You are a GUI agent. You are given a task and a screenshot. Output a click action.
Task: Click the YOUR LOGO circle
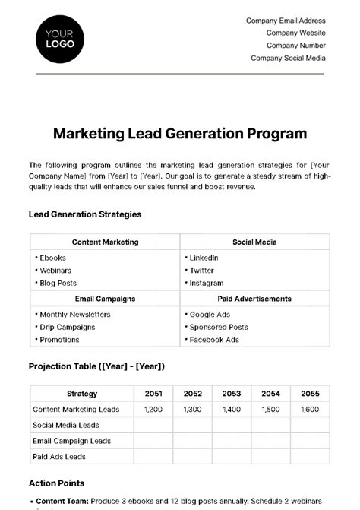[60, 38]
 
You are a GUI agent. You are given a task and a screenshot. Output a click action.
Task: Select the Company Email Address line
[286, 21]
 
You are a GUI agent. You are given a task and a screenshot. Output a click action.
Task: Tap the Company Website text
[295, 33]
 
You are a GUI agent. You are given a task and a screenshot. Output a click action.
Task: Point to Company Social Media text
[288, 58]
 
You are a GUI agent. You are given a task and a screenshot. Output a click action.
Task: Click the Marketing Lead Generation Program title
[180, 134]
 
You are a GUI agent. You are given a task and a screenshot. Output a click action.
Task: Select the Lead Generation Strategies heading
[85, 214]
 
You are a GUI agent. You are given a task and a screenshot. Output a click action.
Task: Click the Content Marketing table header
[105, 242]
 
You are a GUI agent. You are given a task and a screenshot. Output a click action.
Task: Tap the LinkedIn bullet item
[204, 258]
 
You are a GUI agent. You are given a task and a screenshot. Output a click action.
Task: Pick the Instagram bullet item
[206, 283]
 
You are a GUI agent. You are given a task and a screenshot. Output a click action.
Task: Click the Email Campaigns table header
[105, 299]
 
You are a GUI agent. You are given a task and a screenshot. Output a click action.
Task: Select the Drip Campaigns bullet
[67, 327]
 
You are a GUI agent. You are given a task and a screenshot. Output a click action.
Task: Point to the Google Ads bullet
[209, 314]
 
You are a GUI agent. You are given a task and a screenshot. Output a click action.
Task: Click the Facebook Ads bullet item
[213, 340]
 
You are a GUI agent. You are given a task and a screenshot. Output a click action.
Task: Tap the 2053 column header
[232, 394]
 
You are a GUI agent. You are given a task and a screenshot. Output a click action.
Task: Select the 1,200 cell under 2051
[153, 409]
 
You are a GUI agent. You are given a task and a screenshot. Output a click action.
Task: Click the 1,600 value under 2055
[310, 409]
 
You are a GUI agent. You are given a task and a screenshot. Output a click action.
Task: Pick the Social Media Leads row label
[65, 425]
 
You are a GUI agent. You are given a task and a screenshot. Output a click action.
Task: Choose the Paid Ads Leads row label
[58, 457]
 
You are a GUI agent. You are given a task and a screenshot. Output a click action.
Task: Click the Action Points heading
[56, 483]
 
